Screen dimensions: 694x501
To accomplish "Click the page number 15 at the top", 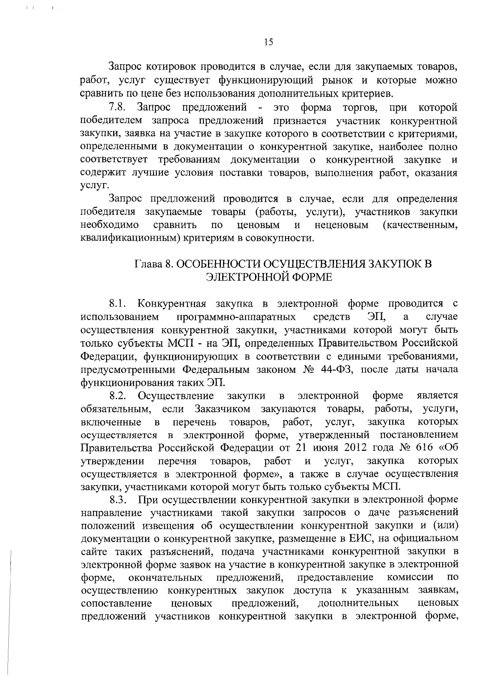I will coord(268,42).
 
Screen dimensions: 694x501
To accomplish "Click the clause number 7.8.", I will coord(117,108).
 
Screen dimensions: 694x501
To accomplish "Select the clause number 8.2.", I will coord(117,395).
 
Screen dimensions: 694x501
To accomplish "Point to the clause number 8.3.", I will coord(117,500).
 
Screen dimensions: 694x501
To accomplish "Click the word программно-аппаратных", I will coord(236,317).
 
